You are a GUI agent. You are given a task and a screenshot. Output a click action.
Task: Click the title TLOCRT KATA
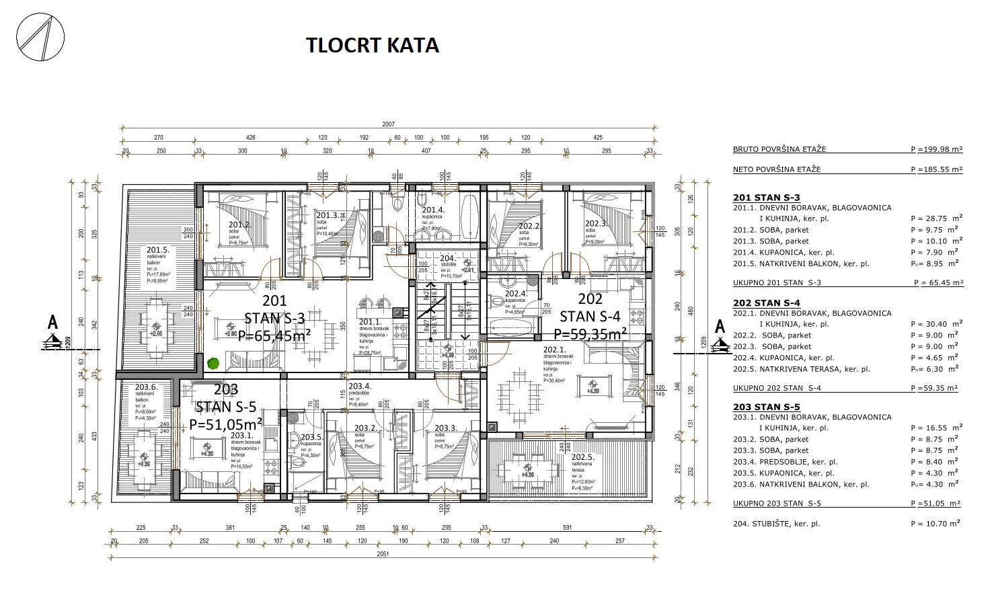(372, 45)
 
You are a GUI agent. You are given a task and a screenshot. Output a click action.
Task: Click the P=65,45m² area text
(274, 335)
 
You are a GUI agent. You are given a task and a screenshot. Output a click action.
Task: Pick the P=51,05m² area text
(225, 424)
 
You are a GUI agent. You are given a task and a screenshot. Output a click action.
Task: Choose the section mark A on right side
(720, 327)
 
